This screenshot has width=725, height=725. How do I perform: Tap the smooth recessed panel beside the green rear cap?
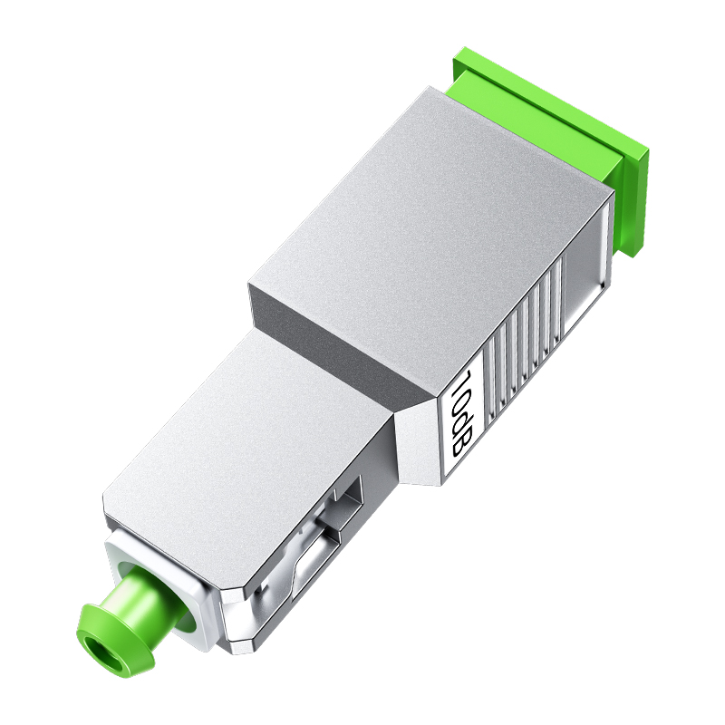(x=589, y=272)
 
